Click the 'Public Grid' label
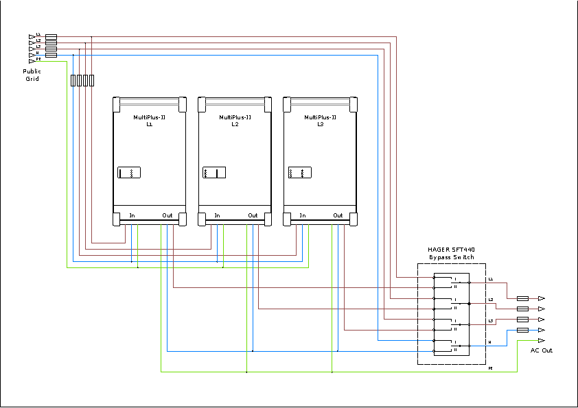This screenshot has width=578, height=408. point(32,75)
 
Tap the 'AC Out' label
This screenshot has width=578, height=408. point(541,350)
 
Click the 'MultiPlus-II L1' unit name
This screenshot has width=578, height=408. point(149,121)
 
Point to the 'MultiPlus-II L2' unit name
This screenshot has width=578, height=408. point(235,121)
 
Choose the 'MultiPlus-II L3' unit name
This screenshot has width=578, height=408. point(320,121)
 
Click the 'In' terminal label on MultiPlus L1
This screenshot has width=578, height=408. point(132,215)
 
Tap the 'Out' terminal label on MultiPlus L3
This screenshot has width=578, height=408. point(338,215)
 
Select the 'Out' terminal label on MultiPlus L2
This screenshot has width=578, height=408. point(253,215)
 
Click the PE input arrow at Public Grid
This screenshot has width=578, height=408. point(32,60)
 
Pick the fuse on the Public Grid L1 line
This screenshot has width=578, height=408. point(51,36)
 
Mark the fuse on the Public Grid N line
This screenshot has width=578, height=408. point(51,54)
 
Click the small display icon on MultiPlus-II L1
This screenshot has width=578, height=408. point(128,172)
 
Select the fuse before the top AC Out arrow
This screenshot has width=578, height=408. point(522,298)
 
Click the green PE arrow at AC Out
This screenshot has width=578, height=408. point(541,340)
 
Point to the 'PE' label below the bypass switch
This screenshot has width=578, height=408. point(490,369)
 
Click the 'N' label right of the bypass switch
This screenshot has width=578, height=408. point(489,341)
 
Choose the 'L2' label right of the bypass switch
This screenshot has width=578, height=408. point(491,300)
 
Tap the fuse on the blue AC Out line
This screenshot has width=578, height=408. point(522,330)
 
